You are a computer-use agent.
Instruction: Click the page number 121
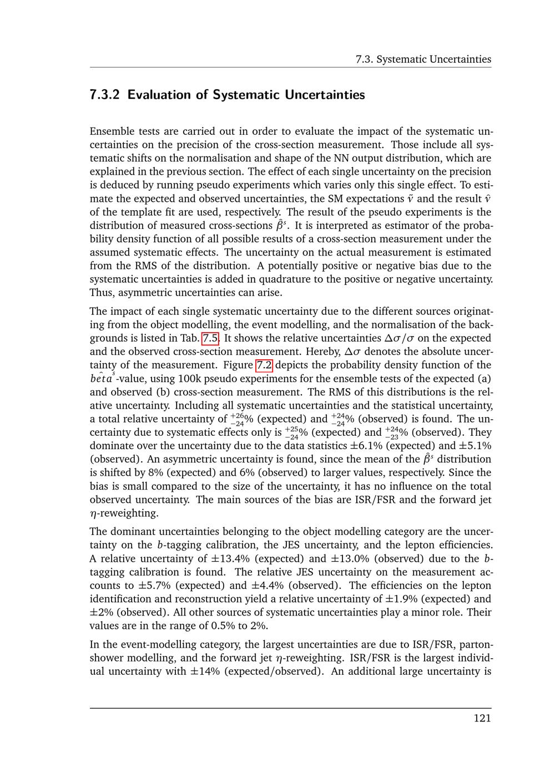482,719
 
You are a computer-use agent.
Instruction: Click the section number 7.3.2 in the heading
105,95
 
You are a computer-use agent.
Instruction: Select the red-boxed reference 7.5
210,338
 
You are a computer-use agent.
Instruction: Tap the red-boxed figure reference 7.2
264,365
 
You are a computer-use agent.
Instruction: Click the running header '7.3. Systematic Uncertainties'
423,59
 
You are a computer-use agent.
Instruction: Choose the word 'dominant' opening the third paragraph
129,532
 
